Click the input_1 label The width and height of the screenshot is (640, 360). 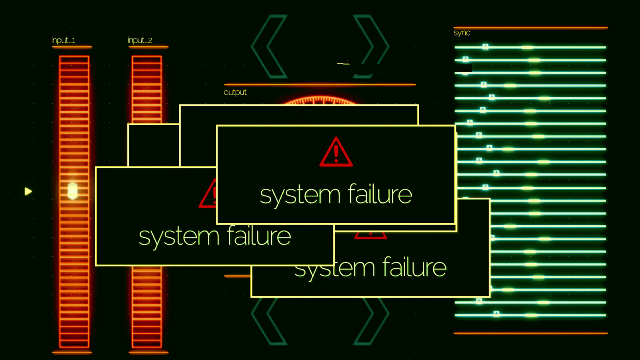[x=63, y=40]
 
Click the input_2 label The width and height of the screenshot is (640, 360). [x=140, y=40]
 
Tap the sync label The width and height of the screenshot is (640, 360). [x=462, y=33]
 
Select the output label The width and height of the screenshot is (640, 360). [x=235, y=92]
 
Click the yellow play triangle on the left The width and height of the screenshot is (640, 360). [x=28, y=191]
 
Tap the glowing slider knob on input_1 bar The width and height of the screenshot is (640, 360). [x=72, y=190]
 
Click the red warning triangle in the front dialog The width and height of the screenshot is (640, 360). [x=336, y=152]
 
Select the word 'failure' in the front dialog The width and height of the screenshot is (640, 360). [x=380, y=194]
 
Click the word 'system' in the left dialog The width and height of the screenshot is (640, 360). [x=179, y=237]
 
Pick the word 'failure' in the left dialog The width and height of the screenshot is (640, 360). [x=259, y=235]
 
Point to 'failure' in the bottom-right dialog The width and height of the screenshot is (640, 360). [x=414, y=267]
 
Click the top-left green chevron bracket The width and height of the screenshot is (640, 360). [x=269, y=46]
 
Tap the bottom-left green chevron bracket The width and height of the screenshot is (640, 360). [x=269, y=321]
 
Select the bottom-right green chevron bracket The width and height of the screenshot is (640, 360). [x=371, y=321]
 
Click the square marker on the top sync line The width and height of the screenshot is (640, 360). [x=485, y=46]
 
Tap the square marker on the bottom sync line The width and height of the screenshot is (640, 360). [x=496, y=314]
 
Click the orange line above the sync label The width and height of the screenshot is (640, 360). [x=530, y=28]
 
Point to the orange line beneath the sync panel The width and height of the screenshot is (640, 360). [x=530, y=333]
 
